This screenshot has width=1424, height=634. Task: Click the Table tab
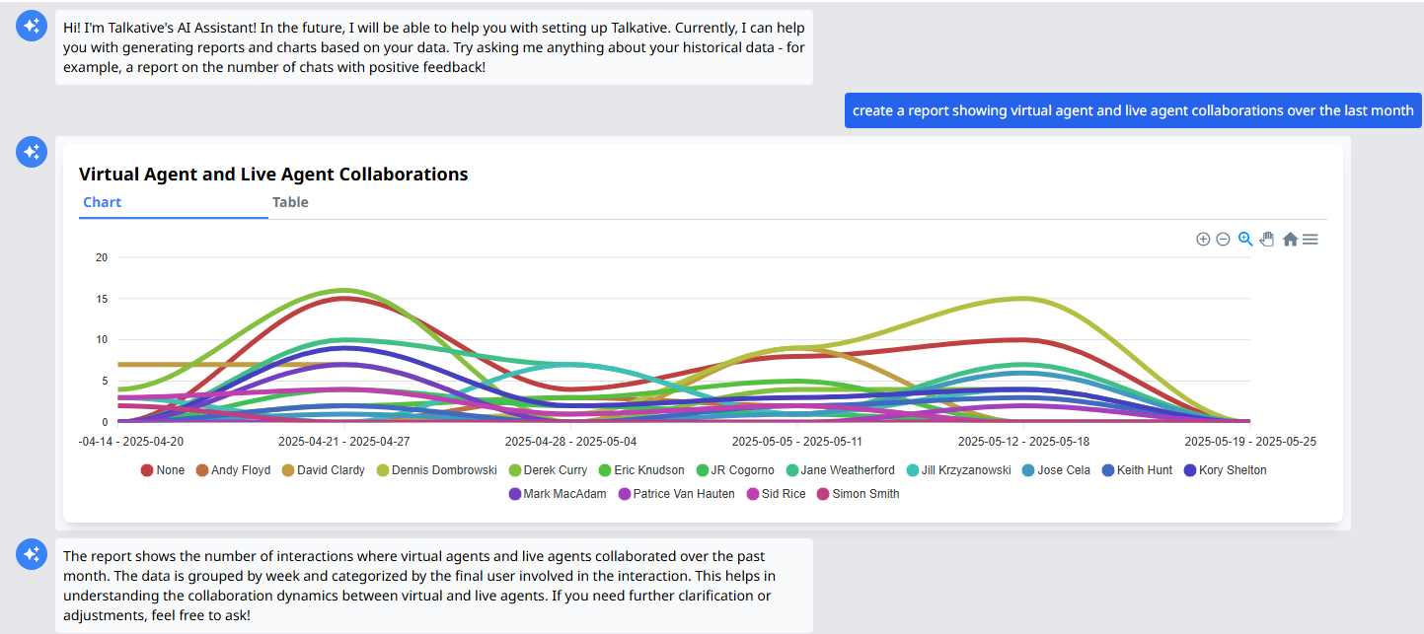point(290,202)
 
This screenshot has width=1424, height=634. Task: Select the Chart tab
point(103,202)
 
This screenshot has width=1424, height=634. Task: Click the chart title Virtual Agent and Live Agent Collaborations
point(273,175)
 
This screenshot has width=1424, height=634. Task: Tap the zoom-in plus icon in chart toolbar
point(1203,240)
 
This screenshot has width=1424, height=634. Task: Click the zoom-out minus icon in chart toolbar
point(1223,240)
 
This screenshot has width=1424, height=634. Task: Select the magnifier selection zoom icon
point(1245,239)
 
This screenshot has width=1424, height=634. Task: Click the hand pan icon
point(1267,239)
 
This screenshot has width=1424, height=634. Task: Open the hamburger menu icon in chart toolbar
point(1311,240)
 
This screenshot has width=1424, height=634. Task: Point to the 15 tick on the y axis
point(101,299)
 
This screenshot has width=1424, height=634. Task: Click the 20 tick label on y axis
point(101,257)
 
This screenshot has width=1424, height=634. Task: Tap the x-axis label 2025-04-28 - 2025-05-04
point(570,441)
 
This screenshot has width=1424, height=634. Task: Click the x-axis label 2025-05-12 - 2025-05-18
point(1023,441)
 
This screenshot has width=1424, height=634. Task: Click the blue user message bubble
point(1133,110)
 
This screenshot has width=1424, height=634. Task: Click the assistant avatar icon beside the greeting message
point(32,26)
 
